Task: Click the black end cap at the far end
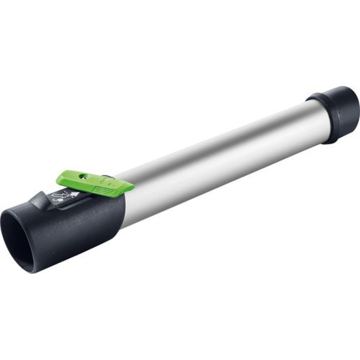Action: click(337, 112)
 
